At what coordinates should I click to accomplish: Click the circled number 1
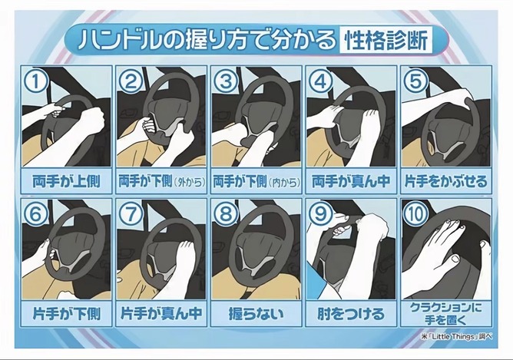[x=35, y=81]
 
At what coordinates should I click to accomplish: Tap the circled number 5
[x=415, y=81]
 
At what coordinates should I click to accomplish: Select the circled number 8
[x=226, y=214]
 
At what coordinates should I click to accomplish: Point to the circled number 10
[x=415, y=214]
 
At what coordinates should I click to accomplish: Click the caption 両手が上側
[x=66, y=181]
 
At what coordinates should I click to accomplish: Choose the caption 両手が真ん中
[x=351, y=181]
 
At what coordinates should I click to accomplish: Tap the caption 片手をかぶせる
[x=446, y=181]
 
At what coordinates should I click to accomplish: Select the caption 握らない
[x=256, y=314]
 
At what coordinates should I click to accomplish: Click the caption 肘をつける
[x=351, y=314]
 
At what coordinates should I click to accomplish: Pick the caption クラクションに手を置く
[x=446, y=314]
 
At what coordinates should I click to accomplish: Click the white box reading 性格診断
[x=386, y=40]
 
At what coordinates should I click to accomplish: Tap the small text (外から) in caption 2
[x=190, y=182]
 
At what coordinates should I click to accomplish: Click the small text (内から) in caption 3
[x=284, y=182]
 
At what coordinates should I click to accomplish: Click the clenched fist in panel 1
[x=92, y=118]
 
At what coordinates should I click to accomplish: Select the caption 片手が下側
[x=66, y=314]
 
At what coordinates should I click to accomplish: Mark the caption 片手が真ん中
[x=161, y=314]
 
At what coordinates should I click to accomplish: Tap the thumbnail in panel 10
[x=455, y=259]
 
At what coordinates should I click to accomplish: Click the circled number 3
[x=226, y=81]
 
